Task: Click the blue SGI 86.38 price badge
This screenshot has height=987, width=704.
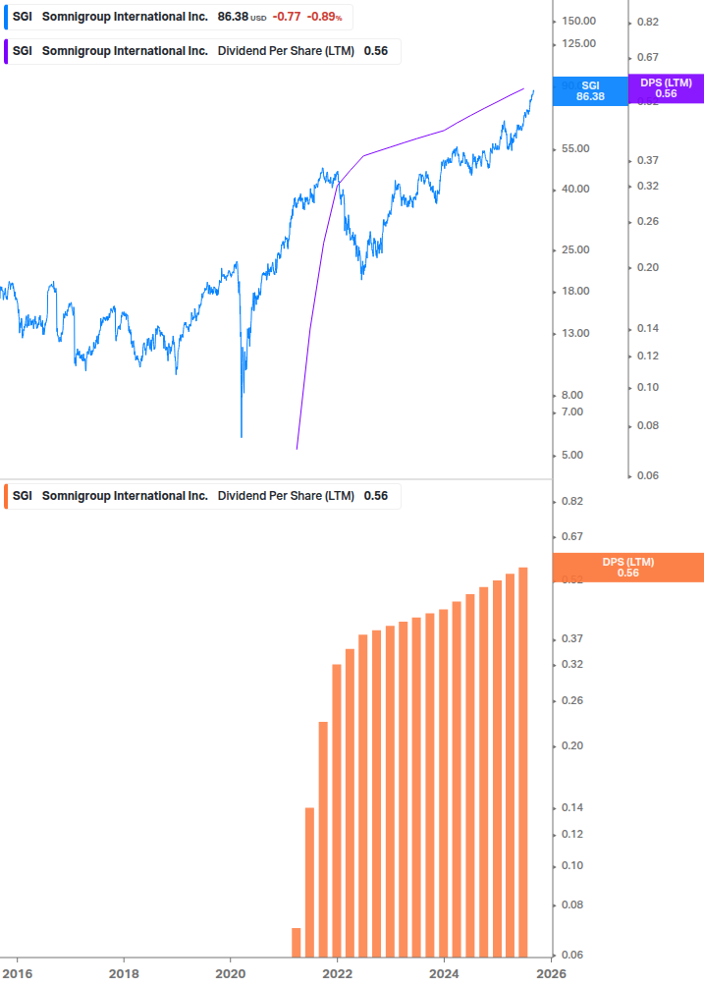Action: tap(590, 90)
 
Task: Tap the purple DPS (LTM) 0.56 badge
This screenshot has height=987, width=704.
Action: tap(666, 88)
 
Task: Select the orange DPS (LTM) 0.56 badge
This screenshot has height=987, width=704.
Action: tap(628, 568)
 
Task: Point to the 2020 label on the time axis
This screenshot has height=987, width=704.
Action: tap(230, 973)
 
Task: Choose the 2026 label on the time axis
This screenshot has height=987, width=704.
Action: tap(550, 973)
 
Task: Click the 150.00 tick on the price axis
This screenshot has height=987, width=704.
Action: tap(580, 22)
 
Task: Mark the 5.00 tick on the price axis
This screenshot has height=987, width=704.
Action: tap(573, 456)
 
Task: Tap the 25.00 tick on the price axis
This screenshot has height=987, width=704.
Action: tap(576, 250)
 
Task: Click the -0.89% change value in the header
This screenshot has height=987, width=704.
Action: tap(324, 17)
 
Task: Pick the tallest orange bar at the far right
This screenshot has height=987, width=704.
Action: tap(523, 761)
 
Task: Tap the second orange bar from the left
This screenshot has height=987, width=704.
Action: tap(309, 882)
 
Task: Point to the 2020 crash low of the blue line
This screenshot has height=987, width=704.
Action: tap(242, 435)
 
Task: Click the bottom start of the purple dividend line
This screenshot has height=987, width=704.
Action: tap(297, 449)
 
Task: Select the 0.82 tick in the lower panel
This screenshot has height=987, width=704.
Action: tap(571, 502)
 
